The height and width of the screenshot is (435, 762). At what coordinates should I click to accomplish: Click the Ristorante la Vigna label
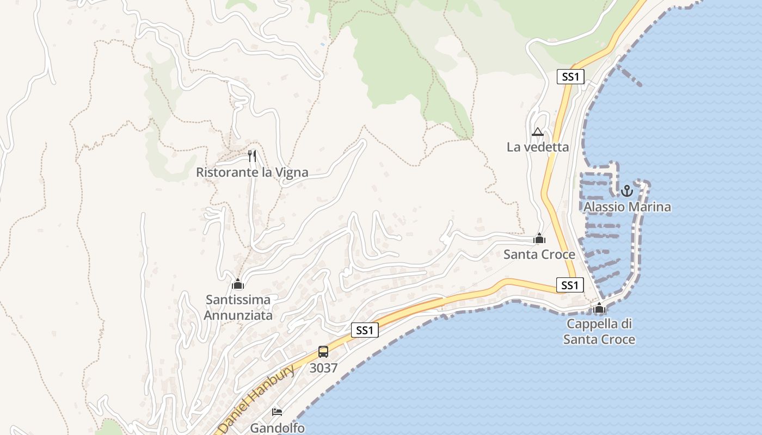[252, 172]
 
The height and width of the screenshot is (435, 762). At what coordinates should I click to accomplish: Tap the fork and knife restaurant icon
[251, 156]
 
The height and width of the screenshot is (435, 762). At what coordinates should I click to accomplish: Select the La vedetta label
[538, 147]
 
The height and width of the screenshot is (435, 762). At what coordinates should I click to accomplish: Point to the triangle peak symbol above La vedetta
[538, 132]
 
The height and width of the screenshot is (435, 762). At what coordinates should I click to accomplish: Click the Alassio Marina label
[627, 207]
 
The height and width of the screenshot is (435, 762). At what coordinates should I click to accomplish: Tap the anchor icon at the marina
[627, 191]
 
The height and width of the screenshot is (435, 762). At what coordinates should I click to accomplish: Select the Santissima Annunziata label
[238, 307]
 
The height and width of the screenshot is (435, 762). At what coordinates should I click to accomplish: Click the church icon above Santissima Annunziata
[238, 284]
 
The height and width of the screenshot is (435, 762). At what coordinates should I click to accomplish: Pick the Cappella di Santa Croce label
[599, 332]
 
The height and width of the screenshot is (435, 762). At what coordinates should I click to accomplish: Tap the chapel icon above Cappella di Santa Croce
[599, 308]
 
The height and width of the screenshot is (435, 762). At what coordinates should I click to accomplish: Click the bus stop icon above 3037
[323, 352]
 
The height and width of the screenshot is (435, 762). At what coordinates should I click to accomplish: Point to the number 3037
[323, 368]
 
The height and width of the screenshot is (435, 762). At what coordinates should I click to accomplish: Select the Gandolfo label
[277, 428]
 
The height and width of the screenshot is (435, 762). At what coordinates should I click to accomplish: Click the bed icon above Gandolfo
[277, 412]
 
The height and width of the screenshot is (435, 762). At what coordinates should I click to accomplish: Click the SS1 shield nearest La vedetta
[570, 77]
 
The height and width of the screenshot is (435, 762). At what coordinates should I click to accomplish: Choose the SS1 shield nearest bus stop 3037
[365, 330]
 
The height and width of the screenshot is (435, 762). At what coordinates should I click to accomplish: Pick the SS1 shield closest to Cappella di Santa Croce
[570, 285]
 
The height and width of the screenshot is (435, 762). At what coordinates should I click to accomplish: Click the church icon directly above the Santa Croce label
[539, 238]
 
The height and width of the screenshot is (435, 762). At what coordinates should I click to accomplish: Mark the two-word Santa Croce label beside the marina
[539, 254]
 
